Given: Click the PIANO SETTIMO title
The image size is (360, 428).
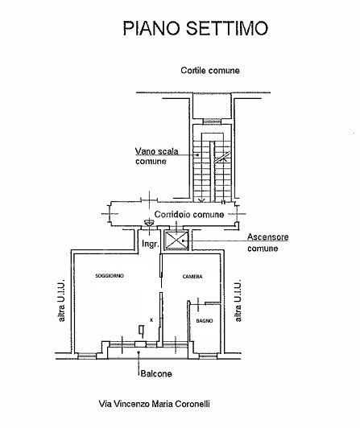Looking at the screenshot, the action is [196, 28].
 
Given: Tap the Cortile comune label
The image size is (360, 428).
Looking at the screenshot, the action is [210, 71].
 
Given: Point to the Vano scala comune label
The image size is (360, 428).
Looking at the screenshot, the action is [156, 156].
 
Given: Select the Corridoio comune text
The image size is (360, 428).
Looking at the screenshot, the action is [189, 214].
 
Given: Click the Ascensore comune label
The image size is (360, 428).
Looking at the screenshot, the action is [267, 242].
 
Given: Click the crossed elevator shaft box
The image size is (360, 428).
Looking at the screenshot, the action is [177, 241].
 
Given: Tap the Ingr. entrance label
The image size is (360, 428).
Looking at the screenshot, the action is [151, 244].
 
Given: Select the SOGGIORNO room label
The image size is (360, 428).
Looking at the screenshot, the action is [110, 276].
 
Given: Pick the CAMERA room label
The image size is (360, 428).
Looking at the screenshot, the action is [192, 277].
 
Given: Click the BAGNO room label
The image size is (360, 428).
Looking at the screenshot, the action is [205, 321].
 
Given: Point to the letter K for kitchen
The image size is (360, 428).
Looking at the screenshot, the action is [151, 320].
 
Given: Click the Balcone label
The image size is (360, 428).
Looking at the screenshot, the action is [156, 373].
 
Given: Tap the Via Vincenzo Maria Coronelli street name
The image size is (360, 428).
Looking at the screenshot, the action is [155, 404].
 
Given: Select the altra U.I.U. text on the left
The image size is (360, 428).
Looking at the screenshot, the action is [61, 300].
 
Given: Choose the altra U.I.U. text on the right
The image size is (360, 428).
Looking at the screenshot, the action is [238, 300].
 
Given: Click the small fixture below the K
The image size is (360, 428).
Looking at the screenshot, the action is [141, 330].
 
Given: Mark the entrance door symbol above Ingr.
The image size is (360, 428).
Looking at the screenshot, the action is [149, 224].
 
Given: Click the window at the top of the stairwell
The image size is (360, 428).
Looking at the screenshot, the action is [213, 121].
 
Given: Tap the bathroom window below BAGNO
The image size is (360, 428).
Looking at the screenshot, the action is [208, 356].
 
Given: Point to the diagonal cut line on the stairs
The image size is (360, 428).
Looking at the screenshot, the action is [222, 157].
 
